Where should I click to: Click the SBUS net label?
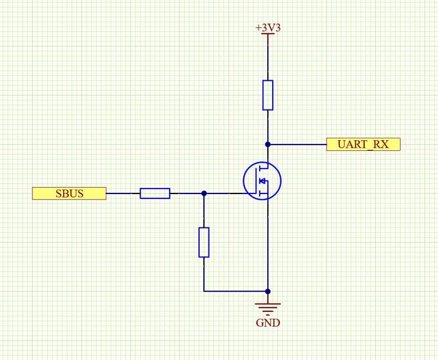coord(69,193)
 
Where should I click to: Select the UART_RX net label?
coord(363,145)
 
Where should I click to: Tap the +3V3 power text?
coord(268,28)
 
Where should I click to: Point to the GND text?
coord(268,324)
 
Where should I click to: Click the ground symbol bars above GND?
coord(268,308)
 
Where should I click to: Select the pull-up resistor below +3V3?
coord(268,95)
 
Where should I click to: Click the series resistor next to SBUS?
coord(155,193)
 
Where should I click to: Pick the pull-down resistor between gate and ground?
coord(204,242)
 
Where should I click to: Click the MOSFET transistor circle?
coord(262,182)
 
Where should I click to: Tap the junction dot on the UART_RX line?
coord(268,144)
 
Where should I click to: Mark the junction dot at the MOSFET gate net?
coord(204,193)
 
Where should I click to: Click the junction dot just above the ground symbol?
coord(268,291)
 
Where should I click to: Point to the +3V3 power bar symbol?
coord(268,35)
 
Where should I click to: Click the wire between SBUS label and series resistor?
coord(123,193)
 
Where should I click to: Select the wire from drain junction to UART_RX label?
coord(297,144)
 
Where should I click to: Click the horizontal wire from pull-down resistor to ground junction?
coord(235,291)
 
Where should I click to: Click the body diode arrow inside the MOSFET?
coord(263,182)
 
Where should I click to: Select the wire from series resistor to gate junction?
coord(186,193)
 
